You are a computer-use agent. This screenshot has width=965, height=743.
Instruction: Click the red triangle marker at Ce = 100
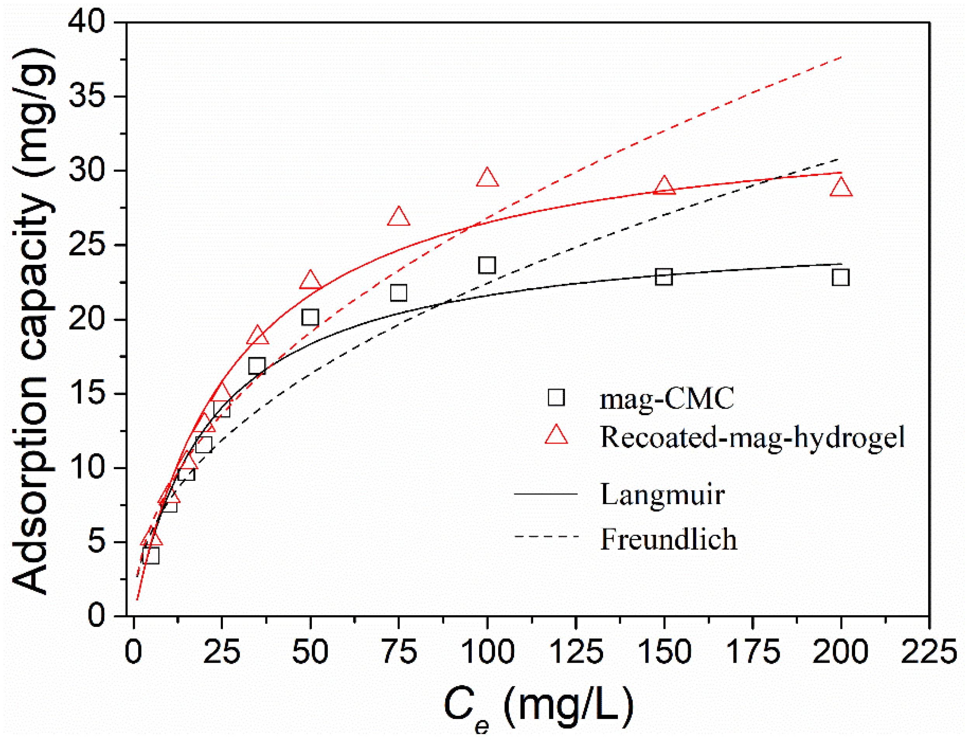pos(487,179)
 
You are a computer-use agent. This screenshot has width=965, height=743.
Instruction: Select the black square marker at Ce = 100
pos(487,265)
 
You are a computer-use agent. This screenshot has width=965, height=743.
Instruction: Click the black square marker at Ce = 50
pos(310,317)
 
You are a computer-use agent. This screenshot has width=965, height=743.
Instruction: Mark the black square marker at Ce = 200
pos(840,278)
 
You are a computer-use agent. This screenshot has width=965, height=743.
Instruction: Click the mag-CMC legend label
pos(667,398)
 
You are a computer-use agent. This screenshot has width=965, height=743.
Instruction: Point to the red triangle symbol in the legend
pos(556,435)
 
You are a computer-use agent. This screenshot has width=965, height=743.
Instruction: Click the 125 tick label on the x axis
pos(576,652)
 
